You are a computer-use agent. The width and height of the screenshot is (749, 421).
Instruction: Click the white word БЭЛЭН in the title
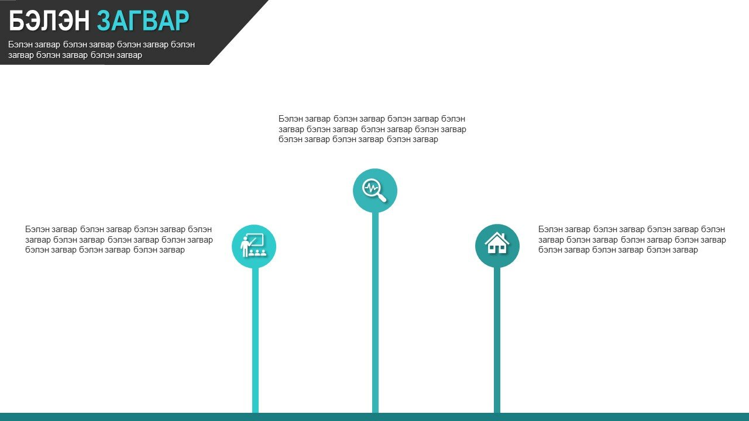tap(49, 20)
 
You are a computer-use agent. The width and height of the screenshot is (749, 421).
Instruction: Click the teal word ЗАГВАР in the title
tap(143, 20)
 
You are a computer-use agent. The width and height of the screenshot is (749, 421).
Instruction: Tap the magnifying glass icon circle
tap(375, 191)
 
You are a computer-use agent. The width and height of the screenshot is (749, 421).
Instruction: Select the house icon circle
tap(497, 246)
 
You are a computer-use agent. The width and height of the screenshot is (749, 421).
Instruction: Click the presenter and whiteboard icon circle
tap(254, 247)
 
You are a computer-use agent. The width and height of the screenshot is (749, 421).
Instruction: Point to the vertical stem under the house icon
tap(497, 340)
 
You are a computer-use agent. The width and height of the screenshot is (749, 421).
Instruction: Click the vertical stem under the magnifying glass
tap(375, 312)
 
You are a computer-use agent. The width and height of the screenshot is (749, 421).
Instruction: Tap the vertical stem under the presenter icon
tap(255, 340)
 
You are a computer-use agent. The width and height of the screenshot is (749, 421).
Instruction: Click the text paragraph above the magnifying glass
tap(372, 129)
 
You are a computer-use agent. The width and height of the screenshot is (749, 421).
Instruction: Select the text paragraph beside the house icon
tap(632, 240)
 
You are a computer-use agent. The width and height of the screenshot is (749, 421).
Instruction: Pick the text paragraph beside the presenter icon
tap(119, 240)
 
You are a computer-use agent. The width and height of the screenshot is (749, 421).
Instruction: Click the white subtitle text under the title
tap(101, 50)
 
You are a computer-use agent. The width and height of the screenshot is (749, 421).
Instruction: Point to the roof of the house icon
tap(497, 238)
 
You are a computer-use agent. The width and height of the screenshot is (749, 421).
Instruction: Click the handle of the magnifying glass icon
tap(382, 197)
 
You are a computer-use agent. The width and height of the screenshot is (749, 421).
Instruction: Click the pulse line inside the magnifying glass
tap(371, 188)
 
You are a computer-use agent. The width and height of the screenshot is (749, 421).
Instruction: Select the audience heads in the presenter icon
tap(257, 253)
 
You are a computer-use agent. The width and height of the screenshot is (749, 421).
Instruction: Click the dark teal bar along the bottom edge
tap(374, 417)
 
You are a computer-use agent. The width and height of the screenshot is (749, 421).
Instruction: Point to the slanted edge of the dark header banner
tap(239, 32)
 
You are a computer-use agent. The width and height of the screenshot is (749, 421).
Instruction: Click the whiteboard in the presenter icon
tap(256, 240)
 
